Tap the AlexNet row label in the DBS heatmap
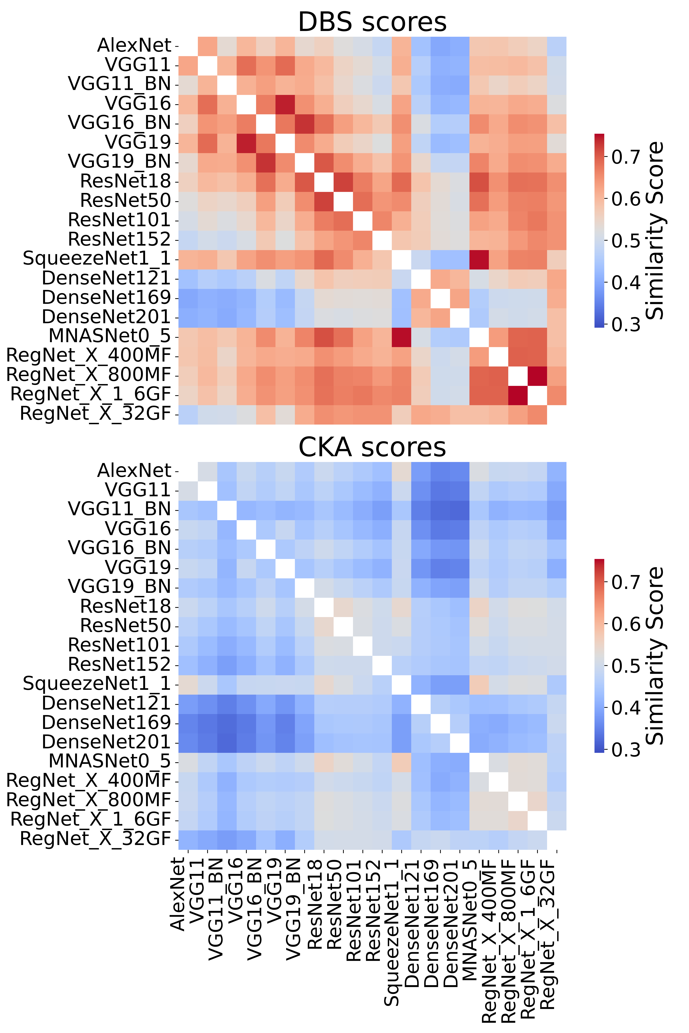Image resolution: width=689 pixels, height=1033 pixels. pos(134,46)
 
